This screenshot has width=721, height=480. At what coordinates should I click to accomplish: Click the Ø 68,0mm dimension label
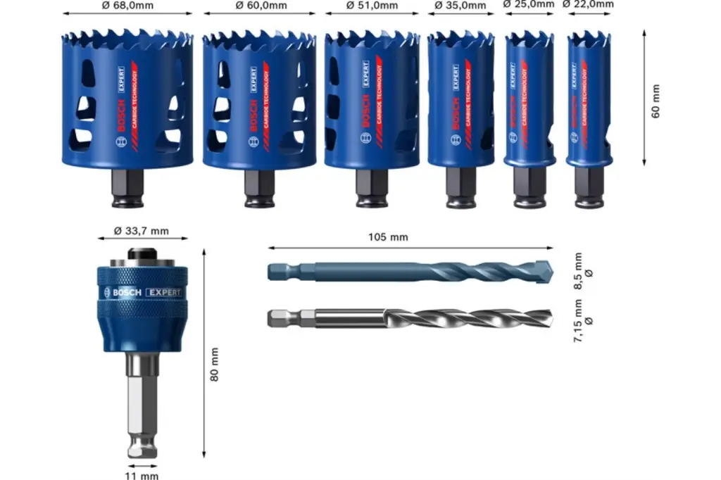[x=127, y=6]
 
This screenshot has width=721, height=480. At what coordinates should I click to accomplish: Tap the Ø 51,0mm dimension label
[x=372, y=6]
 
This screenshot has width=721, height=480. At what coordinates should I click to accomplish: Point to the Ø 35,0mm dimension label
[x=460, y=6]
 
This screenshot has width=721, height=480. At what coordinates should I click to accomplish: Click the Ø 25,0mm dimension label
[x=528, y=4]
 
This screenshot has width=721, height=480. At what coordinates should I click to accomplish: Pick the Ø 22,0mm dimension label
[x=589, y=4]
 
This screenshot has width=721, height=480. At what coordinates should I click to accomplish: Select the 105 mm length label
[x=389, y=237]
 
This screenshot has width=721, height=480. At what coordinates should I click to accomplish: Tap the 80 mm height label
[x=214, y=364]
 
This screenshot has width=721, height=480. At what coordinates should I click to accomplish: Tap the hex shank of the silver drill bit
[x=282, y=319]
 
